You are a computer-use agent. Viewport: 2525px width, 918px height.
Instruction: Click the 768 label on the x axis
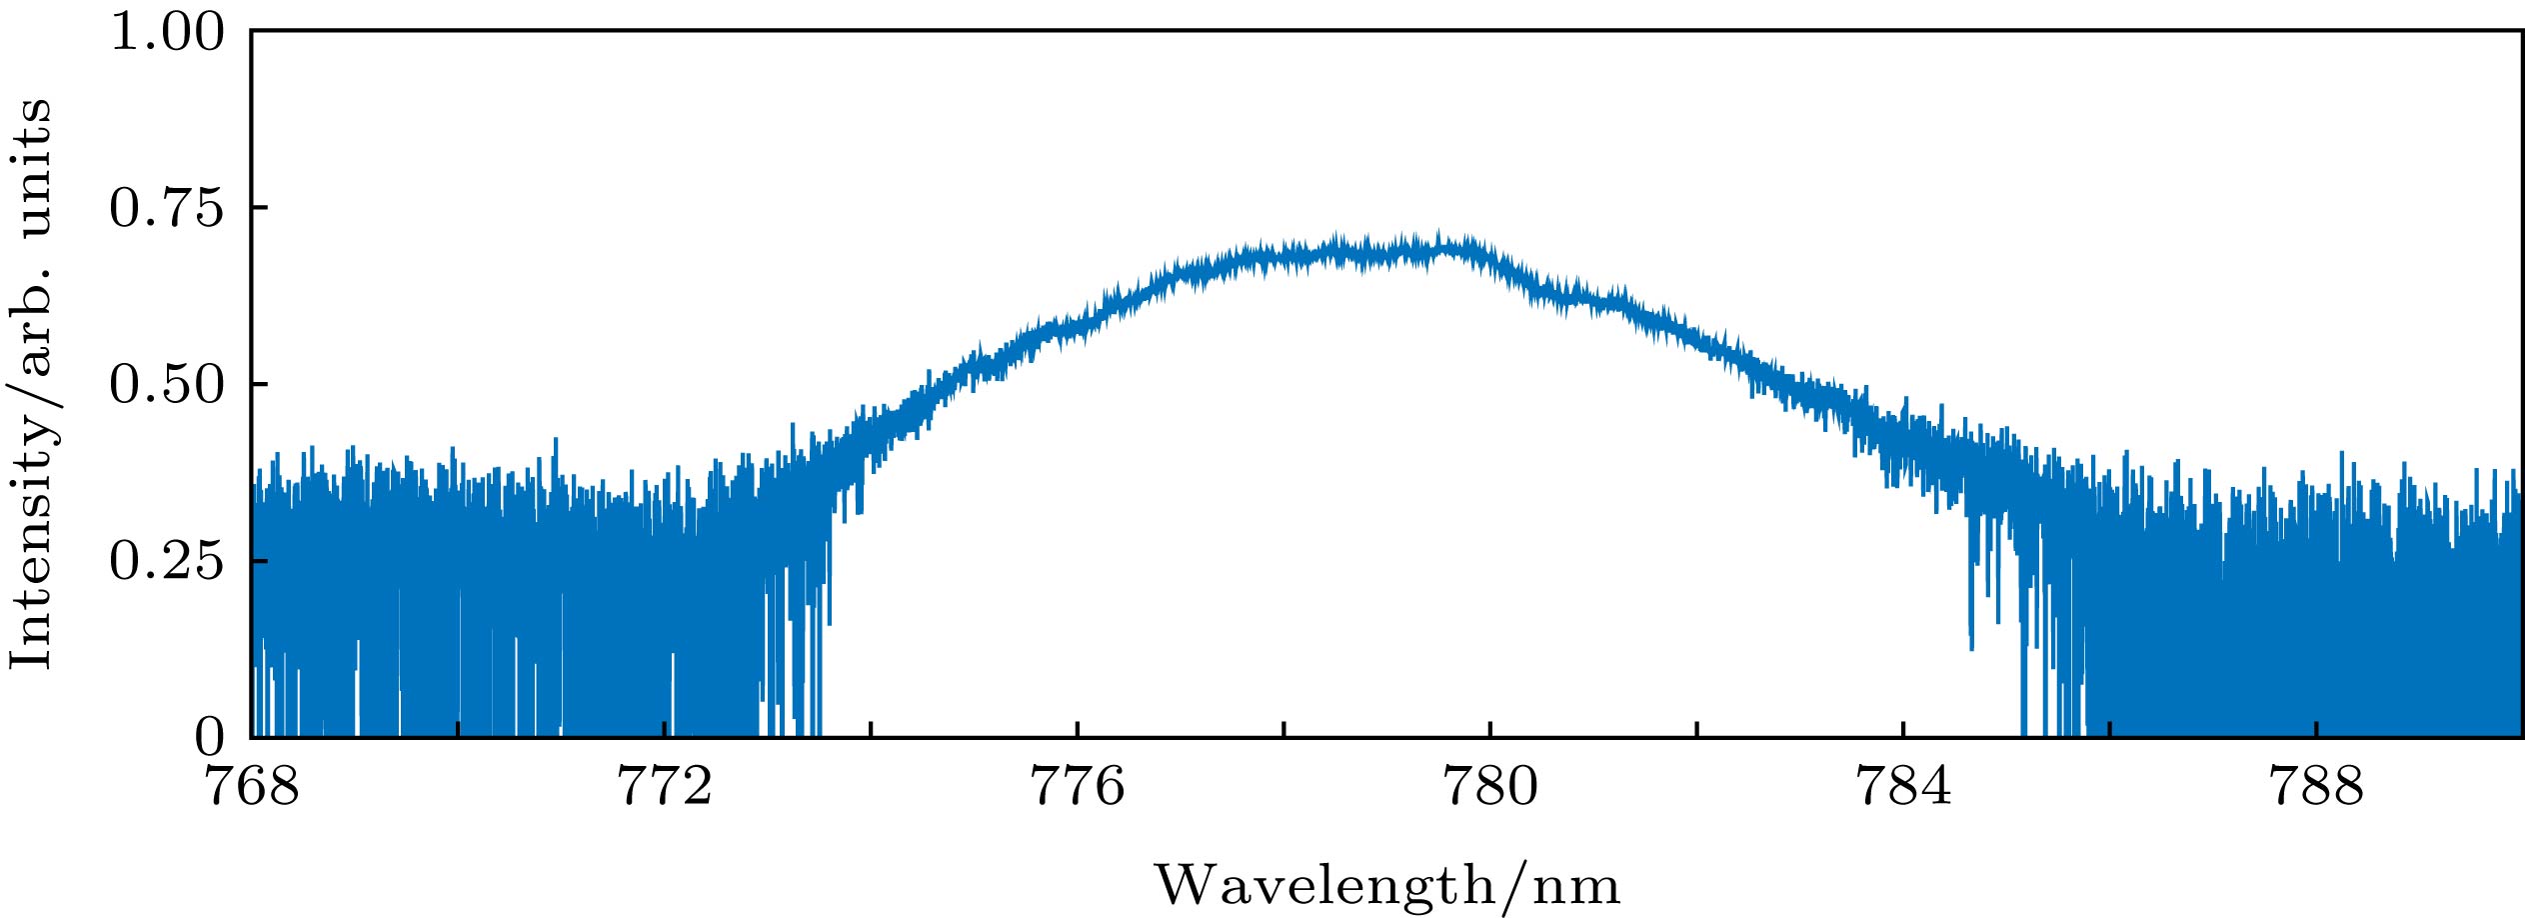[x=252, y=787]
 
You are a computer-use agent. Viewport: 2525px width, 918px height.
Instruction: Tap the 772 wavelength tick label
[x=665, y=787]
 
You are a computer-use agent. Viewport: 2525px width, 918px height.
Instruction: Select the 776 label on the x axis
[x=1078, y=787]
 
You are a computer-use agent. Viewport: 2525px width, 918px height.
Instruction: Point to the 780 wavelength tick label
[x=1490, y=787]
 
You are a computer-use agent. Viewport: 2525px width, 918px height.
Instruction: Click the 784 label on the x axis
[x=1903, y=787]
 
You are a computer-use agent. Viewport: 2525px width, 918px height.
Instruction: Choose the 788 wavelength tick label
[x=2316, y=787]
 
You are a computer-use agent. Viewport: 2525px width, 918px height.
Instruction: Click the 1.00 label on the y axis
[x=167, y=32]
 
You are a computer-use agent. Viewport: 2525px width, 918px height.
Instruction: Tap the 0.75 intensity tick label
[x=167, y=208]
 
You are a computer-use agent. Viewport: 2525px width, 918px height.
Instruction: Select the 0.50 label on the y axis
[x=167, y=385]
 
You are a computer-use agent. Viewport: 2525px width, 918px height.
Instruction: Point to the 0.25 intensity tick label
[x=167, y=561]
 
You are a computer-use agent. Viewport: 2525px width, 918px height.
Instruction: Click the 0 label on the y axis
[x=210, y=738]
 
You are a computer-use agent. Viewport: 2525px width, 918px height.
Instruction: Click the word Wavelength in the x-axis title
[x=1325, y=886]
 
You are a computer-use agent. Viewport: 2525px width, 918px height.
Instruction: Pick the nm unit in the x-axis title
[x=1580, y=886]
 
